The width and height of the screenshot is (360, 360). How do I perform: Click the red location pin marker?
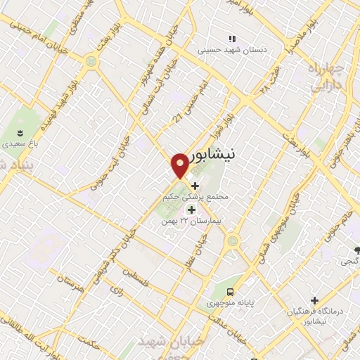180,165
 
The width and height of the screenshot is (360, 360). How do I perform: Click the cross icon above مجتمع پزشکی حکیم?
195,186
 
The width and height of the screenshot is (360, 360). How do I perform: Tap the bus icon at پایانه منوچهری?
230,292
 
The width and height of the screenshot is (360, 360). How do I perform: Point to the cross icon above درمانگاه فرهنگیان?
315,300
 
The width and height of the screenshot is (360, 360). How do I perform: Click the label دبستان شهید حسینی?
228,50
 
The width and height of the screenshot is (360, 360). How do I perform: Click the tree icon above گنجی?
358,249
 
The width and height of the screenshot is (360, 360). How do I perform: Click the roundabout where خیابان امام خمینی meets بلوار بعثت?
90,62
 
